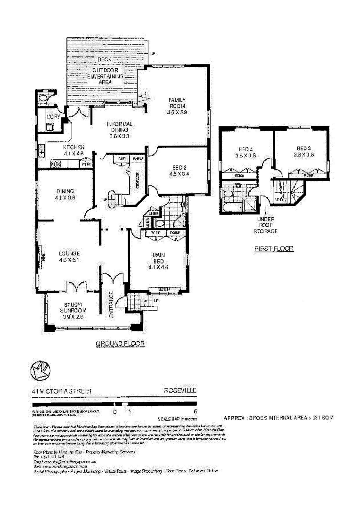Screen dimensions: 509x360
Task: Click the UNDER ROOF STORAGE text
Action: coord(266,226)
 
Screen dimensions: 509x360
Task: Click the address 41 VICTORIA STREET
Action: coord(59,391)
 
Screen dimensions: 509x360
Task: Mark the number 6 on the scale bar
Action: coord(195,411)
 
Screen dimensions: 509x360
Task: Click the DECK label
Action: coord(104,60)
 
